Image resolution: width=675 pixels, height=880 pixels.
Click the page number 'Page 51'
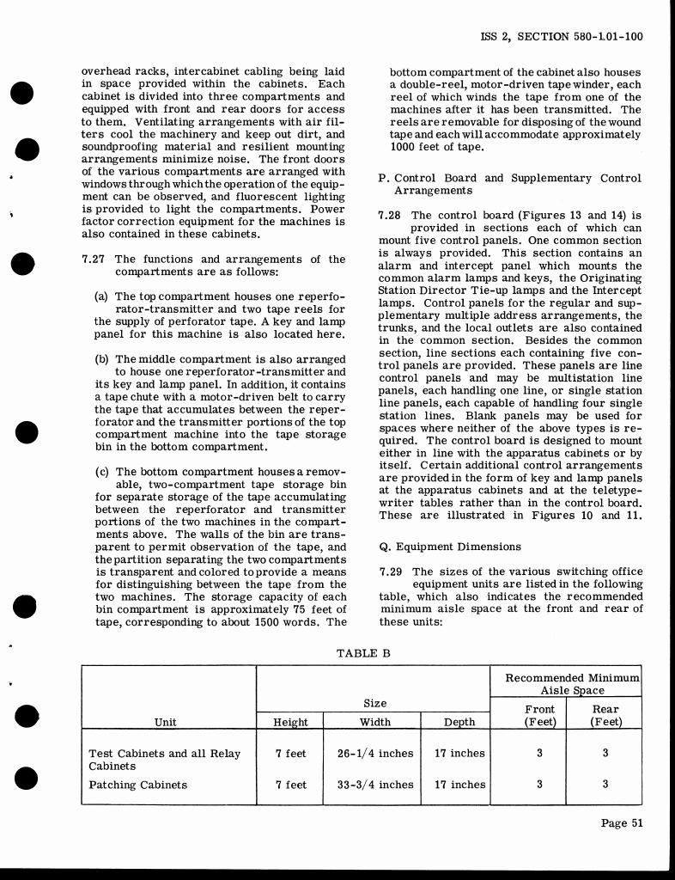[622, 823]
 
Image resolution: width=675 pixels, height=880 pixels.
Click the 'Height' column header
[290, 723]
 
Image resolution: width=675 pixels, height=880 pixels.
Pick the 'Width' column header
[374, 723]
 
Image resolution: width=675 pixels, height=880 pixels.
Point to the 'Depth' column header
[459, 723]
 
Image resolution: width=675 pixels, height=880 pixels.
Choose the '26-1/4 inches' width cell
[375, 754]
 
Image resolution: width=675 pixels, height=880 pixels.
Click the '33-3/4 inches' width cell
[375, 785]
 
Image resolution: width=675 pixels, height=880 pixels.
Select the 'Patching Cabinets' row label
[137, 785]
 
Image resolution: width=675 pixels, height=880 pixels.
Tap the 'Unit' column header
[166, 723]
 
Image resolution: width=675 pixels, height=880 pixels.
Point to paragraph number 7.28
[391, 215]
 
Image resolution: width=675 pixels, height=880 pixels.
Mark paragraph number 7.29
[391, 571]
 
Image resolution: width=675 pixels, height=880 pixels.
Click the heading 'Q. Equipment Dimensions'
[449, 547]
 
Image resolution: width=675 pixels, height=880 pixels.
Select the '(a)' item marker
[101, 296]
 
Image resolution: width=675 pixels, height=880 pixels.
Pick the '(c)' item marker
[101, 472]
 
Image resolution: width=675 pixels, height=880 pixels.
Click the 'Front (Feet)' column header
[539, 716]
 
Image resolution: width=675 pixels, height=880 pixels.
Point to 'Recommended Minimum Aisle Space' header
[572, 684]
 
